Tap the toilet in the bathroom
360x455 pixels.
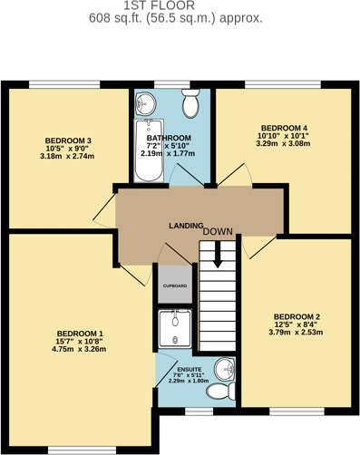pyautogui.click(x=190, y=105)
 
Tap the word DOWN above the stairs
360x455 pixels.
pyautogui.click(x=218, y=232)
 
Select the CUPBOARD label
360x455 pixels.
pyautogui.click(x=174, y=286)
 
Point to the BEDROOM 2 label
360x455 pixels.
pyautogui.click(x=297, y=317)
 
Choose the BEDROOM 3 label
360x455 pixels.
pyautogui.click(x=67, y=140)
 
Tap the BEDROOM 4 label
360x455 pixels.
pyautogui.click(x=284, y=128)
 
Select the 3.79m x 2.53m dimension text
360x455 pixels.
pyautogui.click(x=297, y=333)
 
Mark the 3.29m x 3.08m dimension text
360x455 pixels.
pyautogui.click(x=284, y=143)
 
